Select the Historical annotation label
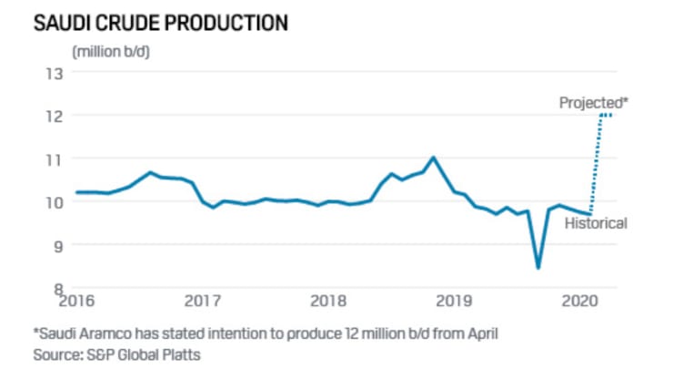[596, 223]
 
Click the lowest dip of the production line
[538, 267]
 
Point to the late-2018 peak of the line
[433, 158]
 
